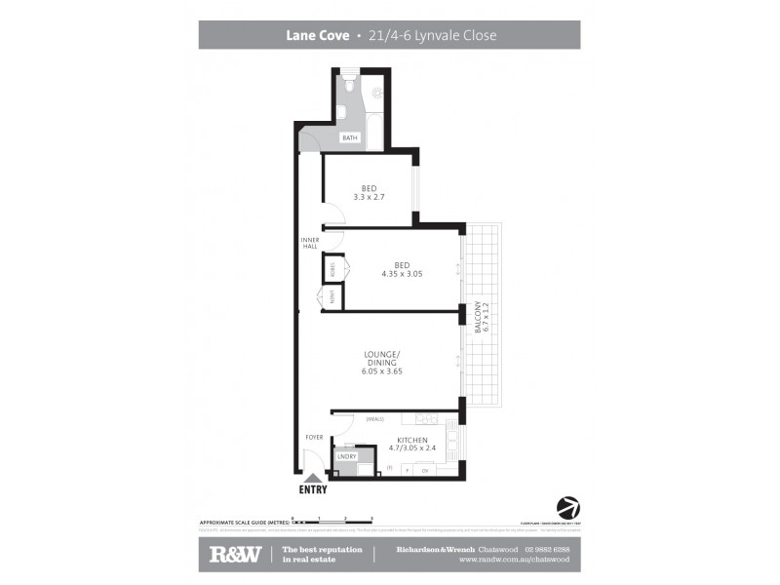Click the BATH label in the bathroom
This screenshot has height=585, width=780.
[350, 137]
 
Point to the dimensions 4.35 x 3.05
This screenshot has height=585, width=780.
[402, 274]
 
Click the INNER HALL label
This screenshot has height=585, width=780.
[310, 243]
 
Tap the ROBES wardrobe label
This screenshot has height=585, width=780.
[333, 269]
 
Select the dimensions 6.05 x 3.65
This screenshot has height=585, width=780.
[382, 371]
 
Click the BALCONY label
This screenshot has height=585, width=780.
[478, 318]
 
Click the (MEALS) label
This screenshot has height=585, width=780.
[375, 419]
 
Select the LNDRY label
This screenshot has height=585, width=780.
[345, 456]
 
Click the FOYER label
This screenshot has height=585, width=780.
[314, 437]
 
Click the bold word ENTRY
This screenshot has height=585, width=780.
[313, 490]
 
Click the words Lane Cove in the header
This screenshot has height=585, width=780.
[316, 36]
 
